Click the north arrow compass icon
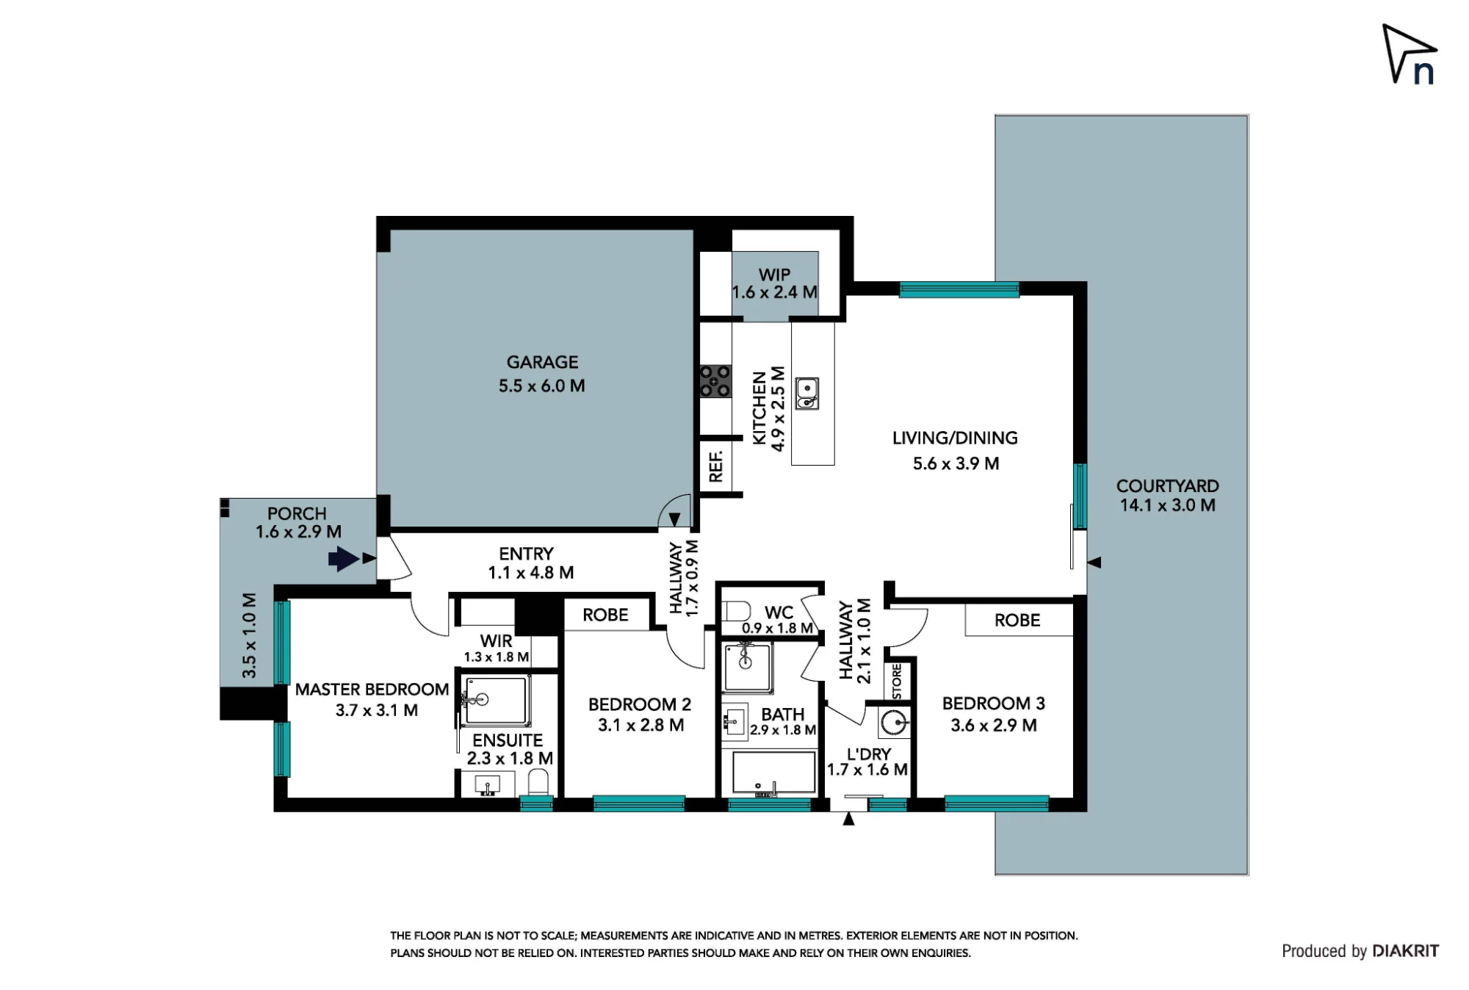click(1409, 54)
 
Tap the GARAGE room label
click(542, 362)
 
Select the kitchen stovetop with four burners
click(715, 381)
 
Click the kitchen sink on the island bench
click(806, 393)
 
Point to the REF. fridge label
click(716, 466)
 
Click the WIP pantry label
click(774, 275)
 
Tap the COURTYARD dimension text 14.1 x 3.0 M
click(1167, 505)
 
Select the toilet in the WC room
click(736, 611)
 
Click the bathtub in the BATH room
click(773, 773)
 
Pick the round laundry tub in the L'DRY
click(895, 723)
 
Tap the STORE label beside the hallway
click(897, 682)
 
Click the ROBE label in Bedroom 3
click(1017, 621)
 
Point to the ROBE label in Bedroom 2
click(605, 615)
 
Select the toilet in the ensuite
click(538, 783)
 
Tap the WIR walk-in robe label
click(496, 640)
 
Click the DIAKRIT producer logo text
click(1405, 951)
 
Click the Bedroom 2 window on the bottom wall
click(639, 803)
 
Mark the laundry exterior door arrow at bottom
click(848, 819)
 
